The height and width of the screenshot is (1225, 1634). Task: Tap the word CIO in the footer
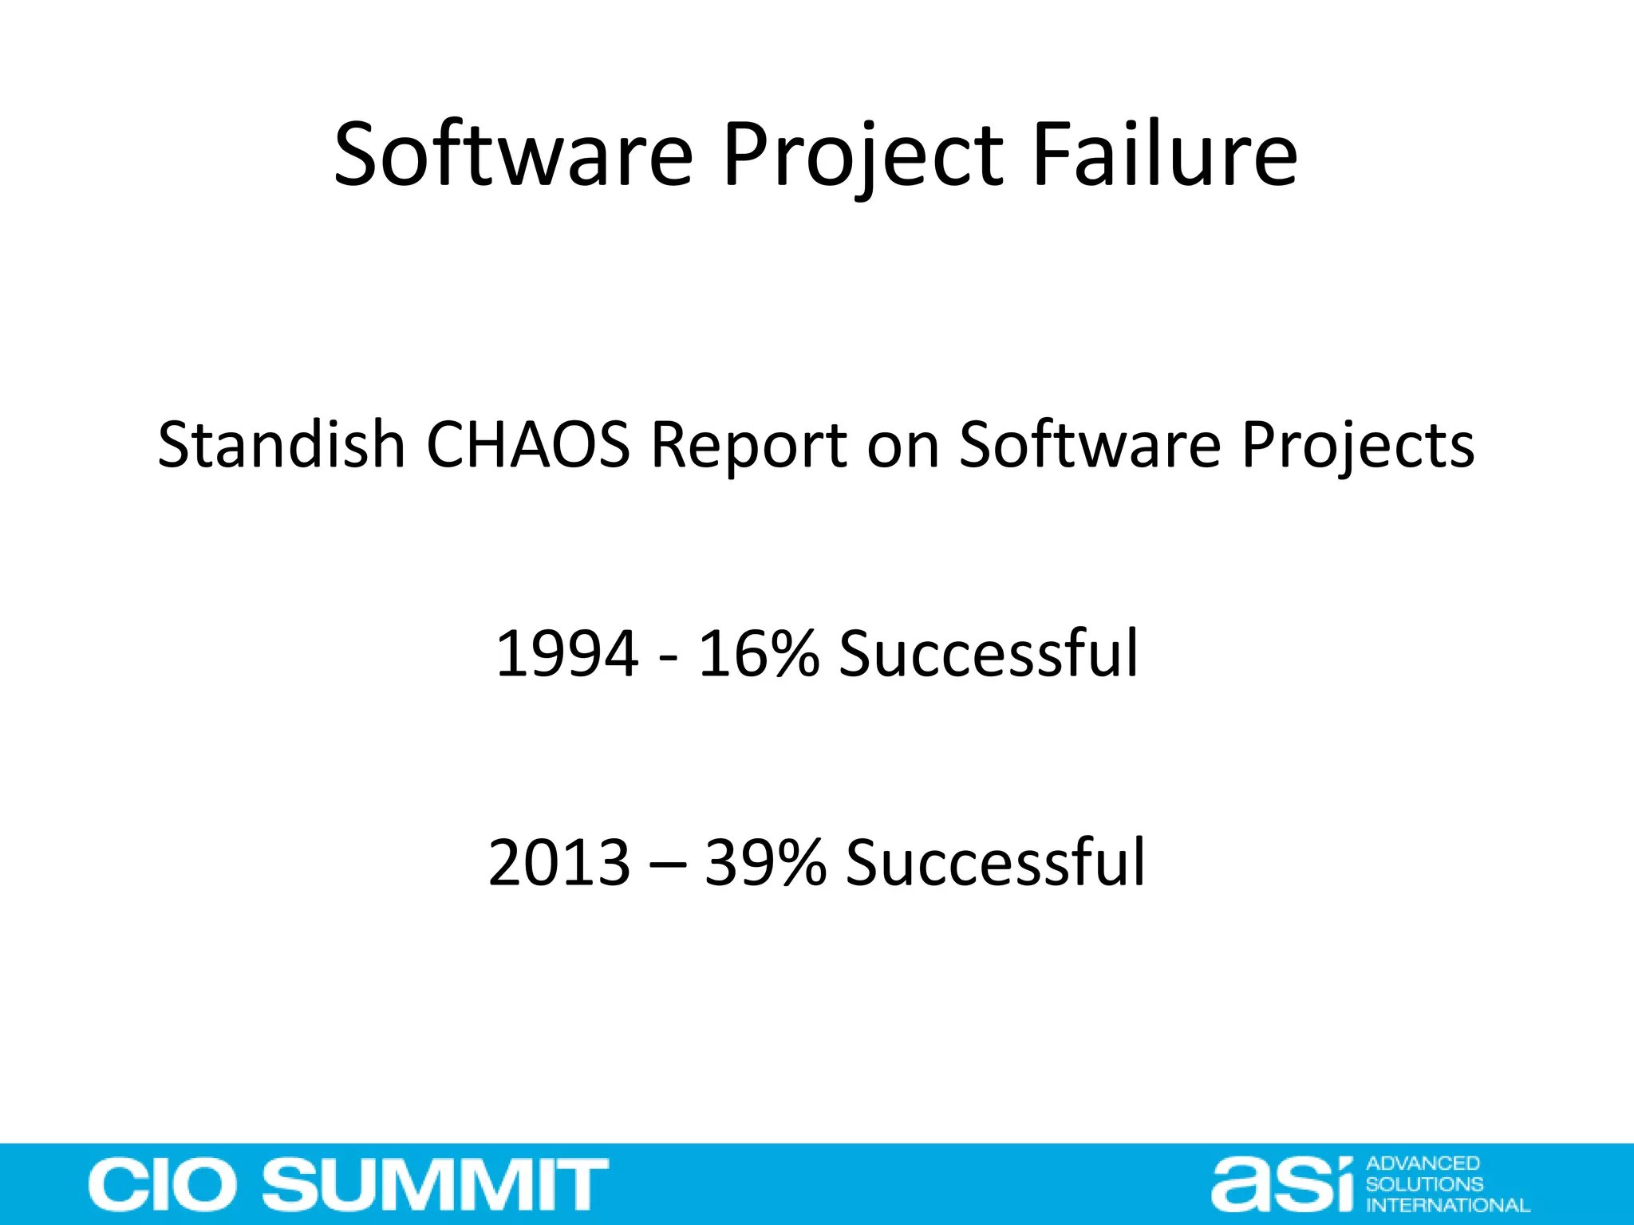click(168, 1185)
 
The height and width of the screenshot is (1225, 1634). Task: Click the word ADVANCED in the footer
click(1423, 1164)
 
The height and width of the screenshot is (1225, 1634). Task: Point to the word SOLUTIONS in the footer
click(1424, 1184)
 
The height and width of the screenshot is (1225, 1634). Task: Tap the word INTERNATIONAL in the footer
click(1448, 1205)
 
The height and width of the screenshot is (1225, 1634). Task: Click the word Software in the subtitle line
click(1089, 444)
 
